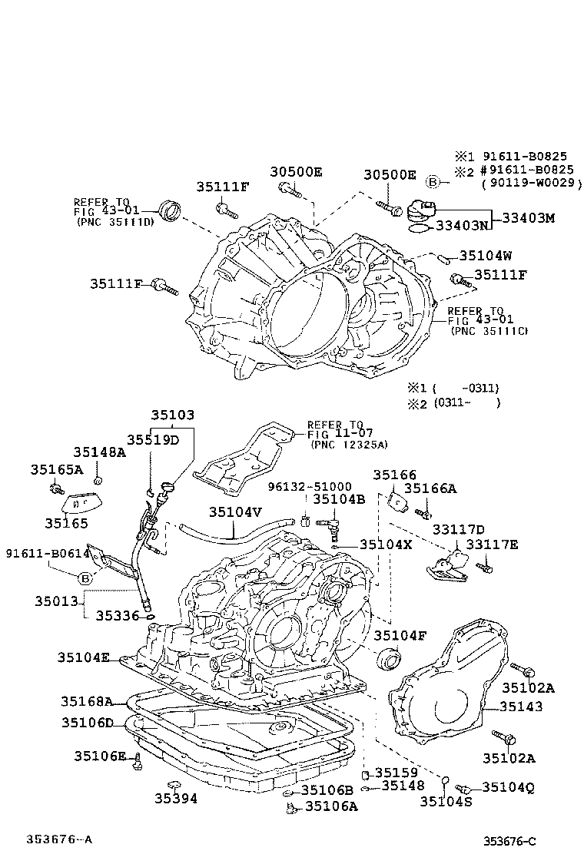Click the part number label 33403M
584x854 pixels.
point(528,218)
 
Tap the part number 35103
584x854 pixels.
point(172,415)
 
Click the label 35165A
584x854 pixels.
point(57,469)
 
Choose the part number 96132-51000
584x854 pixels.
point(310,486)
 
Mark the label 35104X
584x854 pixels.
point(387,545)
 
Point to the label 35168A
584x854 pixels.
point(87,701)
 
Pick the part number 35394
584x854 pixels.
point(175,799)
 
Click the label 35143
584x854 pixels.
point(521,707)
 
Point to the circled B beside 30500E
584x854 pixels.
point(433,181)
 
